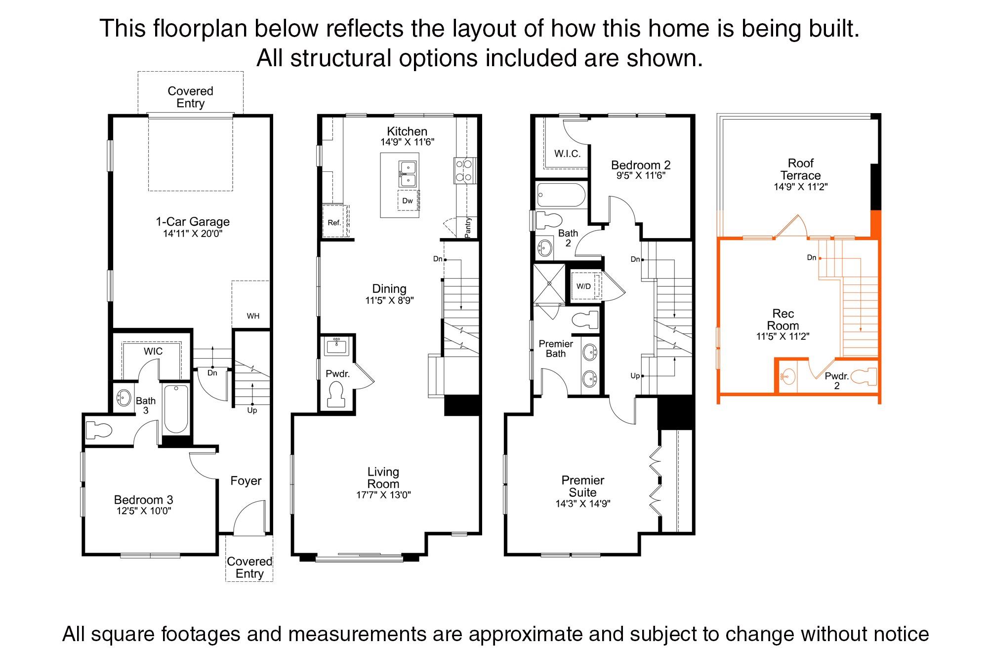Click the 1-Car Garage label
[193, 222]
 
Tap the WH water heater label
[253, 316]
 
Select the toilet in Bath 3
[98, 430]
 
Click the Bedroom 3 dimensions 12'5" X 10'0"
[144, 511]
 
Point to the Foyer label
[246, 481]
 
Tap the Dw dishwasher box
[408, 201]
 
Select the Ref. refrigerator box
[335, 223]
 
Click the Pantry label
[468, 228]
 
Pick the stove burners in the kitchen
[464, 170]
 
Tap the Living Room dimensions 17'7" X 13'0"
[383, 495]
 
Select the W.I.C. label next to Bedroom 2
[567, 154]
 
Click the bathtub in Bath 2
[561, 195]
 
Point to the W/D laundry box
[584, 286]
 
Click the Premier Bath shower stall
[549, 284]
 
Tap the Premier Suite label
[583, 486]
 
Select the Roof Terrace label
[800, 169]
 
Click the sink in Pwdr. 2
[788, 377]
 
